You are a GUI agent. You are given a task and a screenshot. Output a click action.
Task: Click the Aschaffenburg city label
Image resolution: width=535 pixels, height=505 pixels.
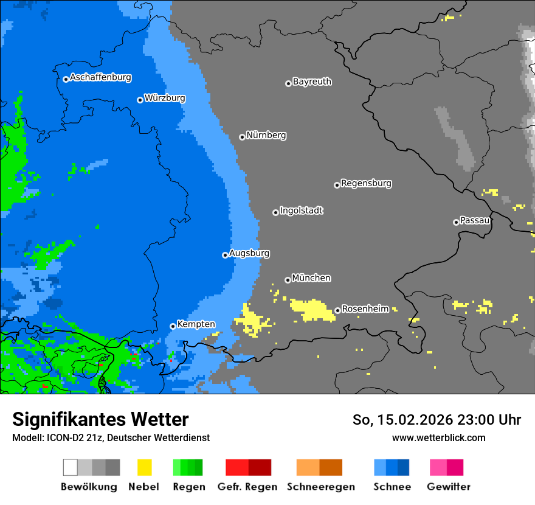tap(100, 77)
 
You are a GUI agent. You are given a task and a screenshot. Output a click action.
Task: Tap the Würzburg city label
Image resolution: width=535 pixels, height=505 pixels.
tap(165, 98)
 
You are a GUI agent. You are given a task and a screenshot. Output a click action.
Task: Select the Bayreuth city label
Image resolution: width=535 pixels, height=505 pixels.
tap(312, 82)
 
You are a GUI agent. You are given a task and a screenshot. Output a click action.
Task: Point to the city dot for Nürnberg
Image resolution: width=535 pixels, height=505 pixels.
tap(242, 137)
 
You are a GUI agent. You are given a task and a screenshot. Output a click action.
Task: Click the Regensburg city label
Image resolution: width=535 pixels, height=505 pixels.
tap(366, 183)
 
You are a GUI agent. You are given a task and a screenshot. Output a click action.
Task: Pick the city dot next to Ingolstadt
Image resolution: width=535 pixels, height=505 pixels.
tap(275, 212)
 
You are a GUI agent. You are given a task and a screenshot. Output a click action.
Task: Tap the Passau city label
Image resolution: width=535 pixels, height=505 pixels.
tap(475, 220)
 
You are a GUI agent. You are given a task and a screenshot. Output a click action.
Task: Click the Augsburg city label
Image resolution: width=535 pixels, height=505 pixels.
tap(249, 253)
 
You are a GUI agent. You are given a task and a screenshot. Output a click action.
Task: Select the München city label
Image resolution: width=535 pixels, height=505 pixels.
tap(311, 278)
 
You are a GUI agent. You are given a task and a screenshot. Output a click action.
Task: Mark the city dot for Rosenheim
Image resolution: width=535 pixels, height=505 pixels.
tap(337, 310)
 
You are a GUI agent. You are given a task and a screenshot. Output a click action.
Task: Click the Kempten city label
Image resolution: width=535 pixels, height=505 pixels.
tap(196, 324)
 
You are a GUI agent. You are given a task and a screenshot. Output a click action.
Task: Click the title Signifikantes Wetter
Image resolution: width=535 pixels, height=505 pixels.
tap(100, 419)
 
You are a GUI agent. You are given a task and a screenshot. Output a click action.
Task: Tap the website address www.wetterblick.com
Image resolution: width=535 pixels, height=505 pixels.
tap(438, 437)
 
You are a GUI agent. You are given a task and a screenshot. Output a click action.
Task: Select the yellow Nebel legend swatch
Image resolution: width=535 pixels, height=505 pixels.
tap(144, 467)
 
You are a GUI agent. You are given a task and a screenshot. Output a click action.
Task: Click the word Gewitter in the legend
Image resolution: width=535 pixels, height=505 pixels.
tap(449, 487)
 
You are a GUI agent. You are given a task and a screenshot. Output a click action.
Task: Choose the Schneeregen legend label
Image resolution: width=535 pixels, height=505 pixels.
tap(320, 487)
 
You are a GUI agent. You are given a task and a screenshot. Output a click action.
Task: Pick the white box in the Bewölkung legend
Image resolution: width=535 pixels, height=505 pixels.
tap(71, 467)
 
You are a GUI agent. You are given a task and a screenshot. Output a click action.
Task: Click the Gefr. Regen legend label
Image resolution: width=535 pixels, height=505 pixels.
tap(247, 487)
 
